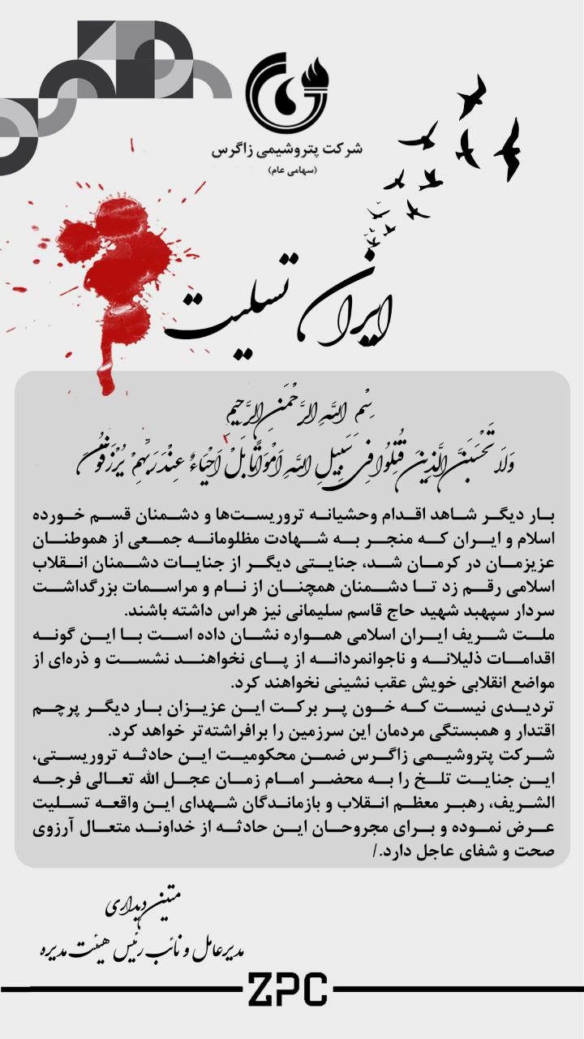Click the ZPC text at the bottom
click(287, 990)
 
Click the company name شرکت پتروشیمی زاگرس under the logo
click(287, 151)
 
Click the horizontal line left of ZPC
click(122, 989)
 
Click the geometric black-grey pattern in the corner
click(97, 81)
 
